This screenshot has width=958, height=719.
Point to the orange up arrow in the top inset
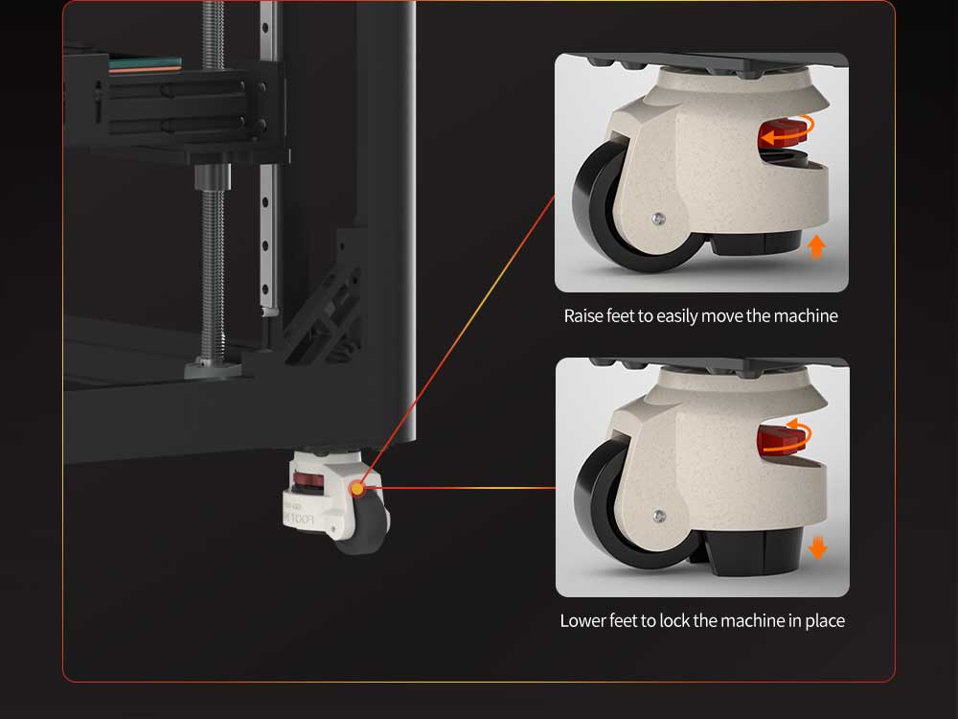click(x=816, y=246)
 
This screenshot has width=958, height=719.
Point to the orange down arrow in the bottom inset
click(x=817, y=547)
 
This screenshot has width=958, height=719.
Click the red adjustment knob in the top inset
click(x=783, y=134)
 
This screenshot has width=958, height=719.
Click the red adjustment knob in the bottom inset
click(x=782, y=440)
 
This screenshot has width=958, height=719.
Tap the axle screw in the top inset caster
click(x=658, y=219)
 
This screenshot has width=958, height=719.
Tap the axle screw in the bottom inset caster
click(x=659, y=517)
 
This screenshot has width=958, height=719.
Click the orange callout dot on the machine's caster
click(x=356, y=489)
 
